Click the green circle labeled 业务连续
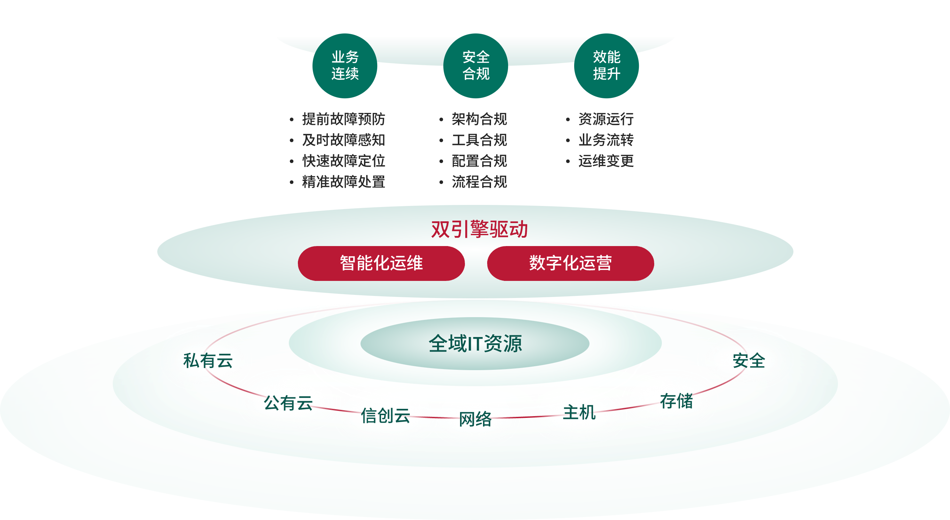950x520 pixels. (345, 66)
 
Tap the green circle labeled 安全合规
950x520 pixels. (476, 66)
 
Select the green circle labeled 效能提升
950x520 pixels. (607, 66)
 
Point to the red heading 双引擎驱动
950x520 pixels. (480, 229)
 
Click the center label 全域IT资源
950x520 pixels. (475, 343)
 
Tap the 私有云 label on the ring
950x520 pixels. (208, 361)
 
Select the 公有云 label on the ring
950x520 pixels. (288, 403)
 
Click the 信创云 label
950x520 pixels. (385, 416)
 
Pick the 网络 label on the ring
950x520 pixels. (475, 419)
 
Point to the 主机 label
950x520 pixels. (579, 413)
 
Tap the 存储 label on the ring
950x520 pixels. (676, 401)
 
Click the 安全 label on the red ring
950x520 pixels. (749, 361)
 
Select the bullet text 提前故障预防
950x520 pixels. (343, 119)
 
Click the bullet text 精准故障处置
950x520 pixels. (343, 182)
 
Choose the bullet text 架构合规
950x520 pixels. (480, 119)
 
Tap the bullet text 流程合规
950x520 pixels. (480, 182)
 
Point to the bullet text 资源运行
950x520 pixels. (606, 119)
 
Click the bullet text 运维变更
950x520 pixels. (606, 161)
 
